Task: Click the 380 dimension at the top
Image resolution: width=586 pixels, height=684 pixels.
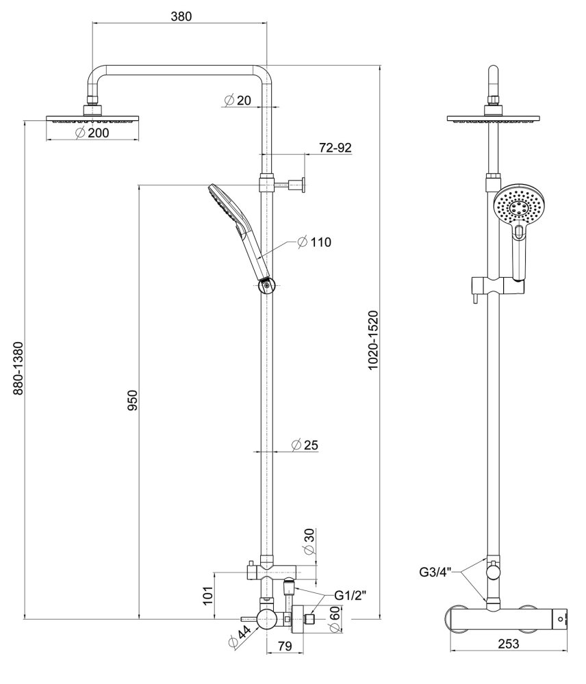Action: click(181, 16)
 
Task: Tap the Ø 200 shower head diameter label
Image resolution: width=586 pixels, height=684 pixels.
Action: click(92, 133)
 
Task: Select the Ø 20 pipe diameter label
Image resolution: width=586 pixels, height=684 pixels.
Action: click(238, 101)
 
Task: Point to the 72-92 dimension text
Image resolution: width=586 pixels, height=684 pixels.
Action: click(335, 148)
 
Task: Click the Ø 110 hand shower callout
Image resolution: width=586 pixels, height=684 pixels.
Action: click(314, 241)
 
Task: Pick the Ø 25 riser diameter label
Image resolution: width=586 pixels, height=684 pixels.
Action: click(305, 445)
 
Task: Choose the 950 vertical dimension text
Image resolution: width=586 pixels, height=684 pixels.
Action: click(132, 400)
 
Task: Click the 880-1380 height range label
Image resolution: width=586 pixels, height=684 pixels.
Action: click(18, 369)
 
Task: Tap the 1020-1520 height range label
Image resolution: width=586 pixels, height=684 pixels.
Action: click(372, 340)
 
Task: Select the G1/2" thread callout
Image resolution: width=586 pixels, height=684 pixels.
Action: click(350, 595)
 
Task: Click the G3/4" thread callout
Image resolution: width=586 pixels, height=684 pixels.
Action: click(437, 572)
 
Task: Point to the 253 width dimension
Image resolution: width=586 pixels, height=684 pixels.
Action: click(508, 644)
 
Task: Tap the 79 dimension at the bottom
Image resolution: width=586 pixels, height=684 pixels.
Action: click(284, 646)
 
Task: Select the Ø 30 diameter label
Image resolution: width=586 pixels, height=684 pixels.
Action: click(309, 542)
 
